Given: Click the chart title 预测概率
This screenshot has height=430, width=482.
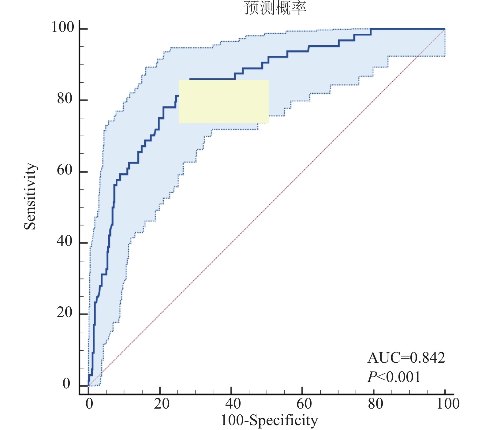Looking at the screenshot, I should click(275, 8).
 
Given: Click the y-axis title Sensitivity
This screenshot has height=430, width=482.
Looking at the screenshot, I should click(30, 196).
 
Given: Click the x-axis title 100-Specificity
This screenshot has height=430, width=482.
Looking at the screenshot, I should click(269, 420).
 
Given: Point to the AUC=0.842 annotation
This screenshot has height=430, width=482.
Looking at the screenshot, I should click(406, 357).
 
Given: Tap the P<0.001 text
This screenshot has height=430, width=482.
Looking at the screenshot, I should click(394, 377).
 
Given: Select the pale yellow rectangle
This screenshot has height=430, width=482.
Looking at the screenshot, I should click(224, 101).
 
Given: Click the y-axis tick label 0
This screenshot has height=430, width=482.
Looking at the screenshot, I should click(66, 383).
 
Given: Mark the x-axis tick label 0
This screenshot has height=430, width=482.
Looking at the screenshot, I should click(89, 404).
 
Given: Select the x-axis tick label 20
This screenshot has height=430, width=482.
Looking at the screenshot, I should click(162, 404).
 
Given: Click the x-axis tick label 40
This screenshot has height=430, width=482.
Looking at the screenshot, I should click(233, 404).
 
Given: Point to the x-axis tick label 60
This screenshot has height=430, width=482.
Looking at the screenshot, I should click(304, 404).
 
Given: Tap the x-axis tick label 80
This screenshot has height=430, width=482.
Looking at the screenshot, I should click(375, 404).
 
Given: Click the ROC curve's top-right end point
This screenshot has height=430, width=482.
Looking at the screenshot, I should click(445, 29).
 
